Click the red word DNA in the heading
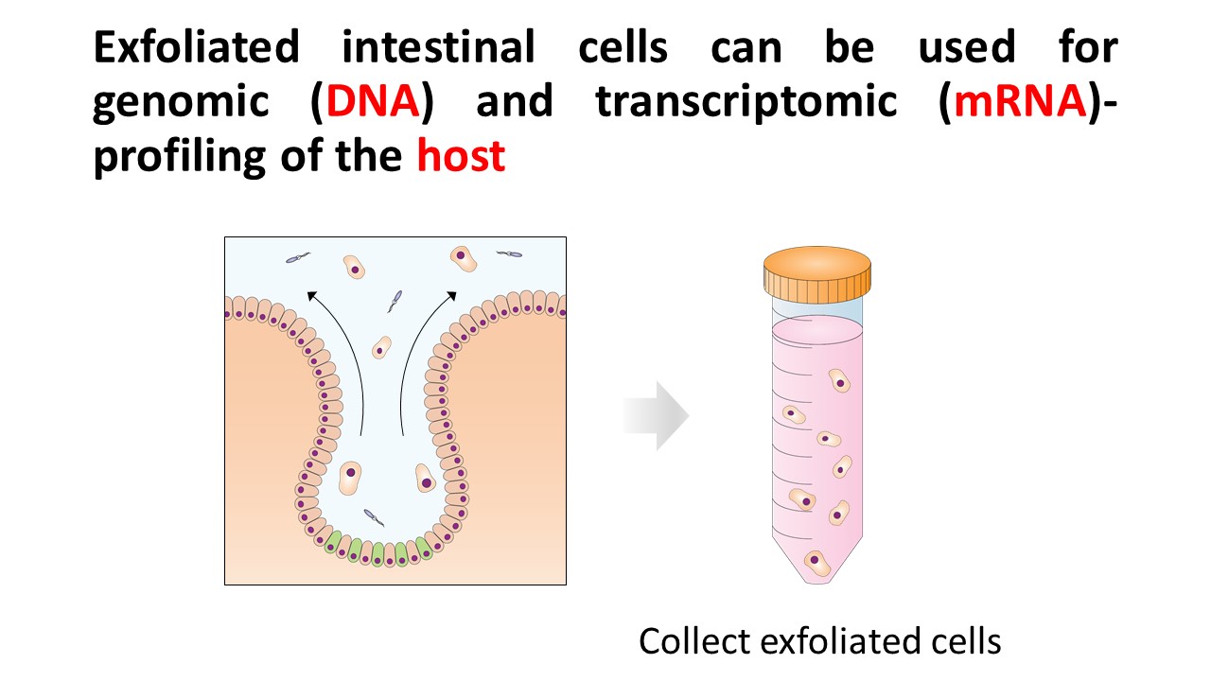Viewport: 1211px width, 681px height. click(x=373, y=101)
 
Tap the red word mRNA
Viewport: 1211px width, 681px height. click(x=1021, y=101)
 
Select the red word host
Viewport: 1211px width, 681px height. click(x=461, y=156)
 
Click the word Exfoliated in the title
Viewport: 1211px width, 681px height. click(x=196, y=47)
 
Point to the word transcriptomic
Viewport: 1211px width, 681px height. click(x=746, y=103)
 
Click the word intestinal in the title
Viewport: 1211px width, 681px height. click(x=438, y=47)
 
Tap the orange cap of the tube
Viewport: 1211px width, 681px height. click(x=816, y=274)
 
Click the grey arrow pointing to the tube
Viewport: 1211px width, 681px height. click(x=657, y=415)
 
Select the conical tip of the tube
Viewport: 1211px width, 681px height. click(x=816, y=560)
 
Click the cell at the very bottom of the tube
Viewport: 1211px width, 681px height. click(x=816, y=563)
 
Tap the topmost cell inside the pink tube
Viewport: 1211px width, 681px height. click(x=839, y=380)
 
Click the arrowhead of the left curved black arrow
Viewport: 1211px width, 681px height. click(x=311, y=296)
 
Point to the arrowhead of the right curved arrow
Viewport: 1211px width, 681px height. click(x=452, y=296)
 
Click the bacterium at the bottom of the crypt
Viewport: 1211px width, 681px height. click(x=374, y=517)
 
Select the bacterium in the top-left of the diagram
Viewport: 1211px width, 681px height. click(x=298, y=257)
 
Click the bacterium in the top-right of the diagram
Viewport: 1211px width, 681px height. click(x=509, y=253)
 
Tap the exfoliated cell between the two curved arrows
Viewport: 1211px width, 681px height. click(x=381, y=347)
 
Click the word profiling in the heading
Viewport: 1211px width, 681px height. click(x=180, y=157)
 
